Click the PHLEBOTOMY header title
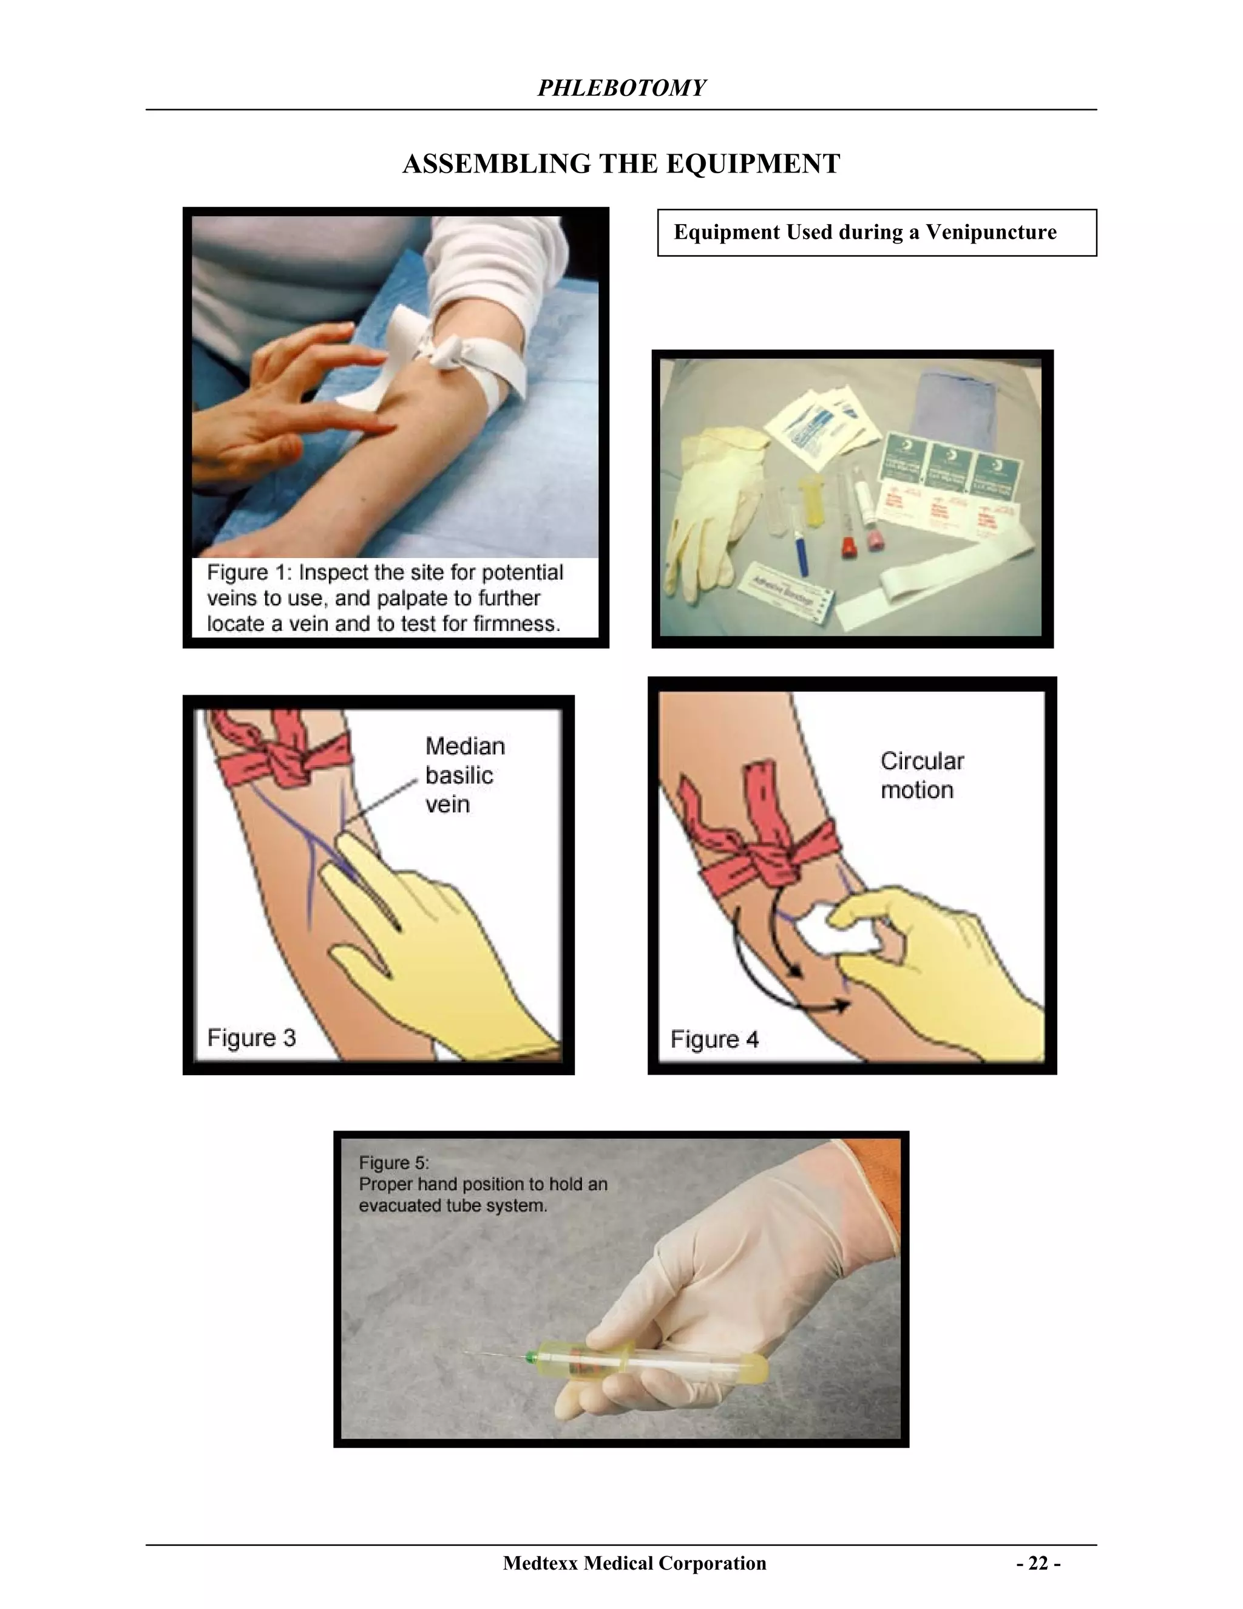[x=621, y=89]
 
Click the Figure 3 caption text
[x=251, y=1038]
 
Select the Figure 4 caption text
[x=714, y=1039]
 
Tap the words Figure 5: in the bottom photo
[x=393, y=1163]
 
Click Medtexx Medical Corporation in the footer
[x=634, y=1563]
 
